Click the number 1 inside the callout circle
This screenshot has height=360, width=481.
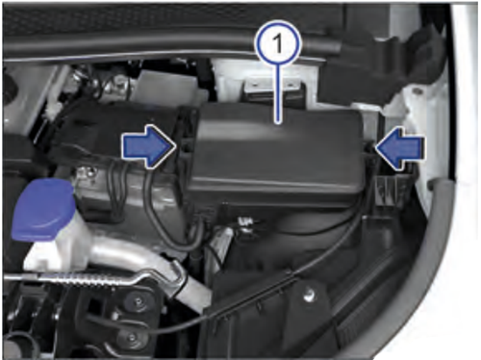(x=278, y=43)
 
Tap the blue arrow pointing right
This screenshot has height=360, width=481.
(x=149, y=146)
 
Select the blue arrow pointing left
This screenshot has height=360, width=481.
(x=399, y=147)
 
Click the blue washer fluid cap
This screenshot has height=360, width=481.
(x=42, y=209)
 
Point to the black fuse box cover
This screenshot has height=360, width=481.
(x=276, y=154)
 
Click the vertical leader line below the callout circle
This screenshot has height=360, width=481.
(x=278, y=94)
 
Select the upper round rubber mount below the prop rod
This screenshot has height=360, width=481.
(x=138, y=302)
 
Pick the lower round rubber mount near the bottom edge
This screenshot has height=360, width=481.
(x=132, y=337)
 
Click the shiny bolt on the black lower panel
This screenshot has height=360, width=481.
(x=309, y=295)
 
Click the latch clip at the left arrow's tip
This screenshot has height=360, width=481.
(x=185, y=144)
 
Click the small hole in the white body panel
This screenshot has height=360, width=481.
(x=417, y=91)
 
